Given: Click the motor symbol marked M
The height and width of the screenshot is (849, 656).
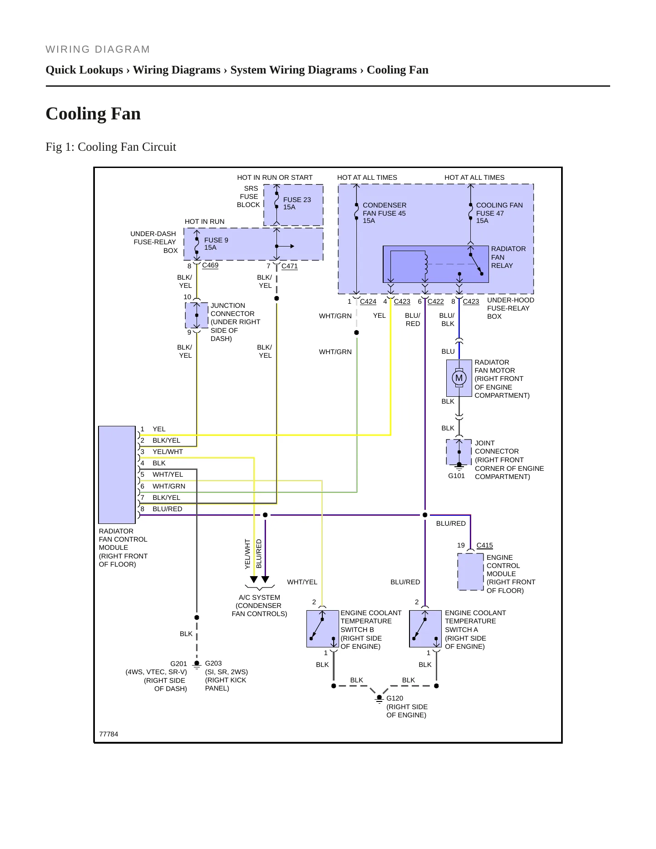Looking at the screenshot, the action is coord(459,378).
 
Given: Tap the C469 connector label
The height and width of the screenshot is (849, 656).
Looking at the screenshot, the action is coord(210,265).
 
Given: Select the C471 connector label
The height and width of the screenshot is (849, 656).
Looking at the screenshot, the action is coord(290,266).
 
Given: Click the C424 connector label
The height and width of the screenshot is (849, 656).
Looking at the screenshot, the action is coord(368,301).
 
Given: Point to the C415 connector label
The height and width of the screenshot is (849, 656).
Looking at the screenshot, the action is coord(484,545).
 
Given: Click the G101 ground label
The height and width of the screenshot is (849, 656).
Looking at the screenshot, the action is coord(456,476).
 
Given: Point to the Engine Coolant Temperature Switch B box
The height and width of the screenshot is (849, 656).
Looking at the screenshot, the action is coord(323,629).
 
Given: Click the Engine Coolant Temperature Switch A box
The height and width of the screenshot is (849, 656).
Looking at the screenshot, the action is coord(425,629).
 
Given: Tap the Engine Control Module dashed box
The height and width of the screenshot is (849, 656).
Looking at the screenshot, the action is coord(470,572).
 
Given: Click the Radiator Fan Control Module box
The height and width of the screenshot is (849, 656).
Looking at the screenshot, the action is coord(117,475).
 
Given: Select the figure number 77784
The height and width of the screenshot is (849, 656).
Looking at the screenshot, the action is coord(109,734).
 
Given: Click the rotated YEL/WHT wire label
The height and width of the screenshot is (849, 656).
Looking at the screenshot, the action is coord(247,554).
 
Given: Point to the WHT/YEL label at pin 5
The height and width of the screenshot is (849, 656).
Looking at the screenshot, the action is coord(168,474).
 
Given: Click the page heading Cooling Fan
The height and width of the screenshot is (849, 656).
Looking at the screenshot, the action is coord(93,114).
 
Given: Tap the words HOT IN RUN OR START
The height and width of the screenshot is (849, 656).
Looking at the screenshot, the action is coord(275,178).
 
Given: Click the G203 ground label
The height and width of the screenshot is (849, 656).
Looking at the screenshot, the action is coord(213,663).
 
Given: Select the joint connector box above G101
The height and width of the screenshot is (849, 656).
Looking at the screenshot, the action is coord(459,452).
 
